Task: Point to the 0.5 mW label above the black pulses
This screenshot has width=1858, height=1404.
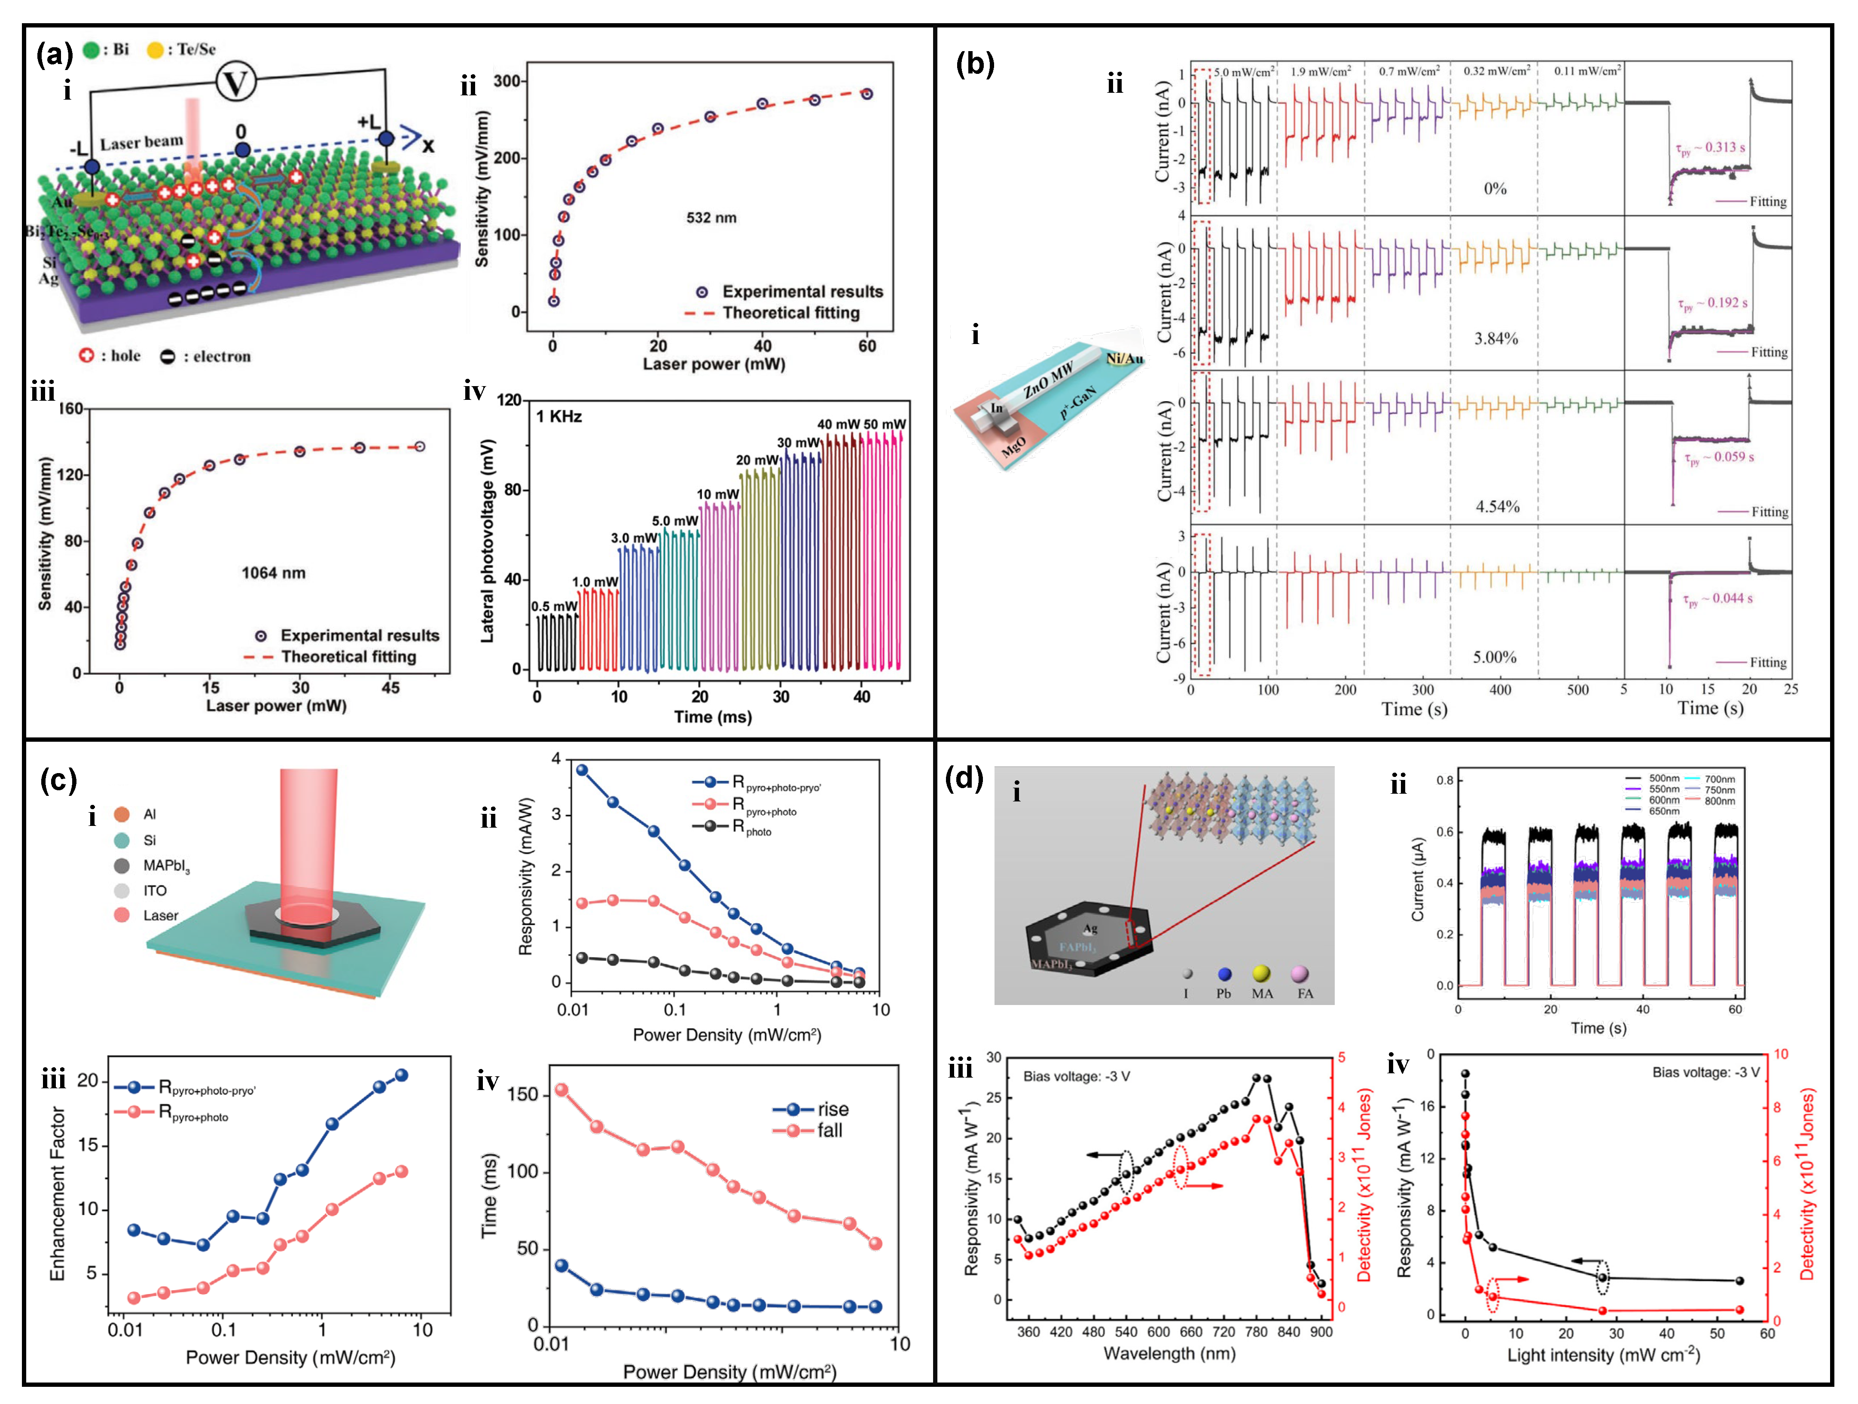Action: pos(554,606)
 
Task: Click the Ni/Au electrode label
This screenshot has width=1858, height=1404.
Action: pos(1124,359)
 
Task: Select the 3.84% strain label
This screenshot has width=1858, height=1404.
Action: pos(1496,338)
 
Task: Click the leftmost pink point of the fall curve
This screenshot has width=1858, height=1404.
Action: pos(562,1090)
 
